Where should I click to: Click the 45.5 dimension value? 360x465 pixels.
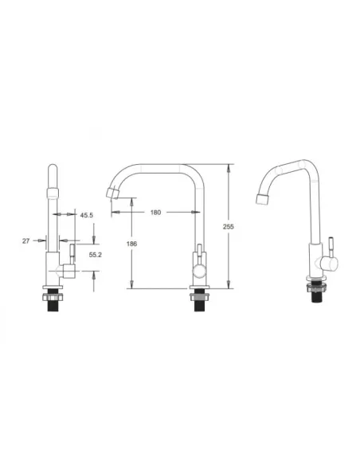coord(86,215)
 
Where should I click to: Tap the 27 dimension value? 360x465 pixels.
coord(25,240)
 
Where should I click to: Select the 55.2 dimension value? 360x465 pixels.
coord(96,255)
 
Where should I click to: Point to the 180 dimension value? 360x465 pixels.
coord(155,213)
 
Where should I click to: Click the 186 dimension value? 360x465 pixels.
coord(131,244)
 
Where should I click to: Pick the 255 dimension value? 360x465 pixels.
coord(229,227)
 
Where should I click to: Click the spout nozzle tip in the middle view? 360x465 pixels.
coord(112,193)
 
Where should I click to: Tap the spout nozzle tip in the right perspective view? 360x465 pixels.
coord(263,199)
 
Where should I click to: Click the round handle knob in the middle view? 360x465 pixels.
coord(199,271)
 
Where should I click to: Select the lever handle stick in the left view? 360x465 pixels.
coord(72,254)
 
